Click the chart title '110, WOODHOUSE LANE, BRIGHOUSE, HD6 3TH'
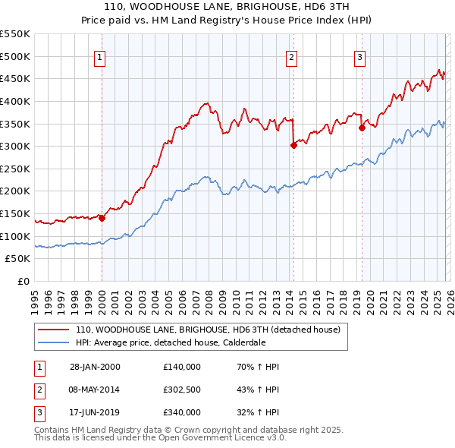227,6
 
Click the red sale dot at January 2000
102,218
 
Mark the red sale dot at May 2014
293,145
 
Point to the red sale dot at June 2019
362,128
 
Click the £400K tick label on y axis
15,101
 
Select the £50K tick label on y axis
18,259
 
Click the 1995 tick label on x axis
35,297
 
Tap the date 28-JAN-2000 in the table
95,367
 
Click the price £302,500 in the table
182,390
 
